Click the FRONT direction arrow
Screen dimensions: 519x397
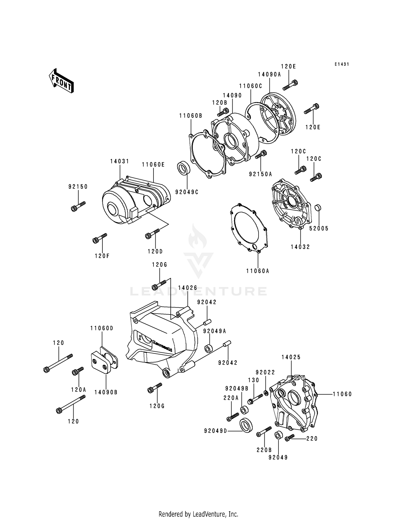61,81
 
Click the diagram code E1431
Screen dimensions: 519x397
341,64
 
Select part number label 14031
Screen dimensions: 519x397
120,161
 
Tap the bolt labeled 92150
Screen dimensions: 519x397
78,206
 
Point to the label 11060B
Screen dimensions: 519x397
191,116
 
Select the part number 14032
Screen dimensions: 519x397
300,247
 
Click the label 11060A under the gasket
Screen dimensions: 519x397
258,271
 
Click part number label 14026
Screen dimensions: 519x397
187,288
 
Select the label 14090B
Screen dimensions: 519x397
106,392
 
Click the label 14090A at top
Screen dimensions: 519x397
269,74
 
